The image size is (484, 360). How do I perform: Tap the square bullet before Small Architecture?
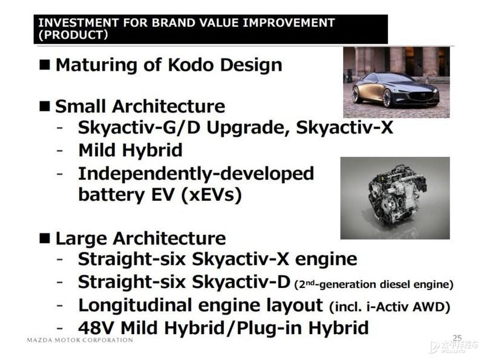[x=44, y=106]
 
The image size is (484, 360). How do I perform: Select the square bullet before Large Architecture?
[x=44, y=238]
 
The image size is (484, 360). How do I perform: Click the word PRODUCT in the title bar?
[x=73, y=34]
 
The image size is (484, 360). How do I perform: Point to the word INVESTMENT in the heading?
[x=79, y=22]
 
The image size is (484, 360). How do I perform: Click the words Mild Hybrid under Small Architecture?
[x=130, y=150]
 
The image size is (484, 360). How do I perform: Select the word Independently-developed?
[x=196, y=174]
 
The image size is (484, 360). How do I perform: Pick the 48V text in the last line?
[x=97, y=327]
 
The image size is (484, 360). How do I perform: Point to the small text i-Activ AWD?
[x=405, y=307]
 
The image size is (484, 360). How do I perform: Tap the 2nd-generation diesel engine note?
[x=374, y=284]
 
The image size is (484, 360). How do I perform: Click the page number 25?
[x=457, y=338]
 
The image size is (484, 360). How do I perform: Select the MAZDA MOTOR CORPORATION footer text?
[x=80, y=340]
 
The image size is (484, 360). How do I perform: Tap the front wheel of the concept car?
[x=387, y=97]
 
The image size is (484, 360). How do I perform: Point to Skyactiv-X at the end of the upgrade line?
[x=344, y=127]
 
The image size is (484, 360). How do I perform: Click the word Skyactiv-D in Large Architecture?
[x=241, y=282]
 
